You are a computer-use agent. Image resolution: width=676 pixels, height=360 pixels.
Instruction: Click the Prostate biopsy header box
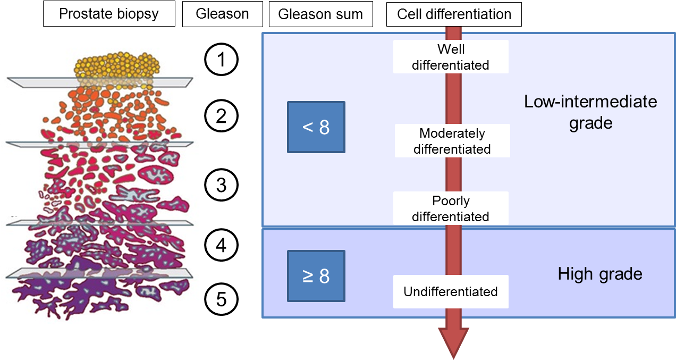click(x=108, y=14)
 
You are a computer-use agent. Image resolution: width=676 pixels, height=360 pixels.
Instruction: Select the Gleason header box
click(x=222, y=14)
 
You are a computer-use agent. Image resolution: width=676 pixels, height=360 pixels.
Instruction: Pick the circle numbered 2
click(x=221, y=116)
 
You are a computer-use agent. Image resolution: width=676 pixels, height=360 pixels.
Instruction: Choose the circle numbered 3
click(x=221, y=186)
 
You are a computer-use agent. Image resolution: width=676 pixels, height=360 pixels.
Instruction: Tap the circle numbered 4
click(x=221, y=246)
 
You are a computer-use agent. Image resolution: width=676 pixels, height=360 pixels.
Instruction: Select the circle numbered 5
click(x=221, y=300)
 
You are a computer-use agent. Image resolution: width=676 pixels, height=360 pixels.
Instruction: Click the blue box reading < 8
click(x=316, y=127)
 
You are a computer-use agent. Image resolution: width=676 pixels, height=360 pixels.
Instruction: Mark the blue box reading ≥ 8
click(x=316, y=277)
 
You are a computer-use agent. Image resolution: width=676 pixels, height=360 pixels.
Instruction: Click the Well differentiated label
click(x=451, y=57)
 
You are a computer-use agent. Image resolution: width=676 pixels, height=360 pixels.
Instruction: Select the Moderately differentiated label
click(x=452, y=141)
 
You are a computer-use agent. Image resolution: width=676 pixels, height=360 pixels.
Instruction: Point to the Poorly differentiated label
click(x=451, y=208)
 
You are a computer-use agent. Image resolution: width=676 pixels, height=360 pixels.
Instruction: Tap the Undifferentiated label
click(x=451, y=291)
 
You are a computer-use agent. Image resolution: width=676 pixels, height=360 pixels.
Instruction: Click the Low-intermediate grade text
click(x=590, y=112)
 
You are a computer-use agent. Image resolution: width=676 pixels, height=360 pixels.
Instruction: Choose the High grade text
click(x=600, y=274)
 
